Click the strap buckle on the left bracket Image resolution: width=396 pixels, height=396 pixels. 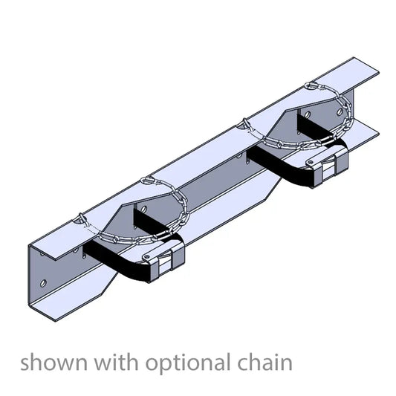(163, 264)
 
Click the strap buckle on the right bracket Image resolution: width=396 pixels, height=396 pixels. (329, 161)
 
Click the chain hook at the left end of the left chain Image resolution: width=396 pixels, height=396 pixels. (80, 218)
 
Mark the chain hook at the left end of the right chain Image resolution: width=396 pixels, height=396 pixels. (243, 123)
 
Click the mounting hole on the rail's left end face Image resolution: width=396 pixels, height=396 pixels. (43, 284)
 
